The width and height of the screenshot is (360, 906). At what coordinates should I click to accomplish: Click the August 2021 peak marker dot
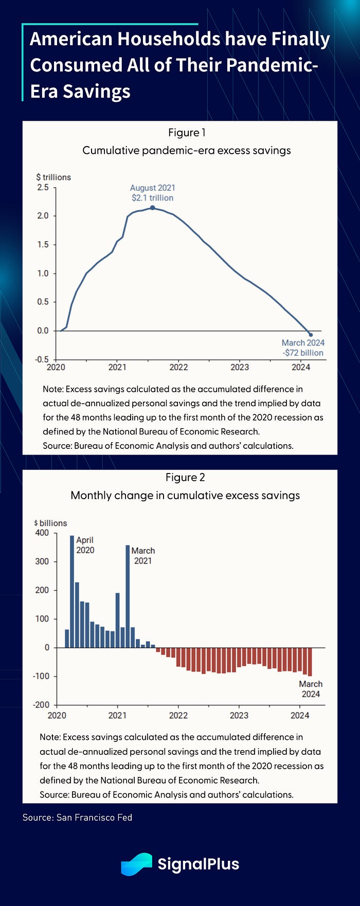tap(152, 208)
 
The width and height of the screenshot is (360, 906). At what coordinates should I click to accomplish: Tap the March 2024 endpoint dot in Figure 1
tap(311, 335)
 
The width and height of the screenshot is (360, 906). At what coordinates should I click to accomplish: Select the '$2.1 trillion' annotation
tap(152, 198)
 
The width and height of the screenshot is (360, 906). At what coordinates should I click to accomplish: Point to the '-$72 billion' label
tap(303, 353)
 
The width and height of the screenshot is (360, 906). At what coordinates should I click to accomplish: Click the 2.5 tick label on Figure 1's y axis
tap(43, 187)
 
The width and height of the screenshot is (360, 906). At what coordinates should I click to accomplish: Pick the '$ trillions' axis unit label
tap(53, 177)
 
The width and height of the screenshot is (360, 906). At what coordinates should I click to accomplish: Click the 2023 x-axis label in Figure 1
tap(240, 367)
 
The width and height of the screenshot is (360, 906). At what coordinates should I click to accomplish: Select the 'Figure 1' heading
tap(187, 133)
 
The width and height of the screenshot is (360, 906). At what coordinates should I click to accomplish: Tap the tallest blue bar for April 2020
tap(72, 591)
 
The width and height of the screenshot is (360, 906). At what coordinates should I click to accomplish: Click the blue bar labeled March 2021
tap(128, 596)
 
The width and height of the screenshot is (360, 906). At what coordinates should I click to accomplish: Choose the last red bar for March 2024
tap(310, 662)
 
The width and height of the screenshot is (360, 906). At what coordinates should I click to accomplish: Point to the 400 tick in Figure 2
tap(42, 533)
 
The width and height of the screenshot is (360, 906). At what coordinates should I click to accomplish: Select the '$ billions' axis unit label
tap(50, 523)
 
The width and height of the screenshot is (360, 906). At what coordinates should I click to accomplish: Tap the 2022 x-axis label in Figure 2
tap(178, 715)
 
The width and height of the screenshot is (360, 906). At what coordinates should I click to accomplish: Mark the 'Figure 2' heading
tap(185, 478)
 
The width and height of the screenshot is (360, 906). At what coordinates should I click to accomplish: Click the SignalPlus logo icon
tap(136, 864)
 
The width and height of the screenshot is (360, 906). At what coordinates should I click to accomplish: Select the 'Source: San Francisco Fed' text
tap(77, 817)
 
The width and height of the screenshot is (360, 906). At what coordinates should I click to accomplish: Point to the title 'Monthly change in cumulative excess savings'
tap(185, 496)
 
